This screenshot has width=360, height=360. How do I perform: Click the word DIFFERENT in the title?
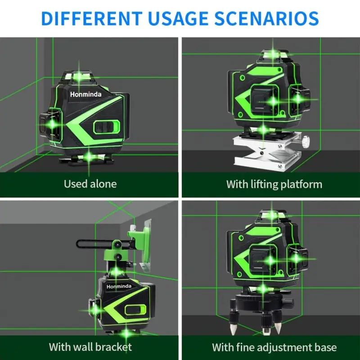(x=92, y=18)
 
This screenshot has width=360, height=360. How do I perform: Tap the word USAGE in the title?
(x=178, y=18)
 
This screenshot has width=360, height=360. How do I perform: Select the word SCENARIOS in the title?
(x=266, y=18)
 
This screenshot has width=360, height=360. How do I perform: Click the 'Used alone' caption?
(x=90, y=184)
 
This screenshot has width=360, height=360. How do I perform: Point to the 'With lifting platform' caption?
(x=274, y=184)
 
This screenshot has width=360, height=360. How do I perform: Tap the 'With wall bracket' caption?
(x=90, y=346)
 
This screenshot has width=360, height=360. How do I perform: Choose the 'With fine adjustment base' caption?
(x=274, y=347)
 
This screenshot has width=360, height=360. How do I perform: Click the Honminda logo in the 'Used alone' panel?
(x=85, y=94)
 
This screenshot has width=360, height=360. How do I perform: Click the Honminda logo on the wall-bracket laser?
(x=119, y=286)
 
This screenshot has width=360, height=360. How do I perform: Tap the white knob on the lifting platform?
(x=306, y=139)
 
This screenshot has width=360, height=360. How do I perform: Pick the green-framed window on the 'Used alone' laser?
(x=107, y=128)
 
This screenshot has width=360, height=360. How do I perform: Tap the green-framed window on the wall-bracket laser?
(x=136, y=310)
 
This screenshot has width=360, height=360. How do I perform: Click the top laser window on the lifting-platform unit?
(x=273, y=55)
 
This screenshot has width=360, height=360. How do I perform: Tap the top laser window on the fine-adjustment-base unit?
(x=272, y=216)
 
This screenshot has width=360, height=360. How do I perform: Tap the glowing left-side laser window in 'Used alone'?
(x=52, y=124)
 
